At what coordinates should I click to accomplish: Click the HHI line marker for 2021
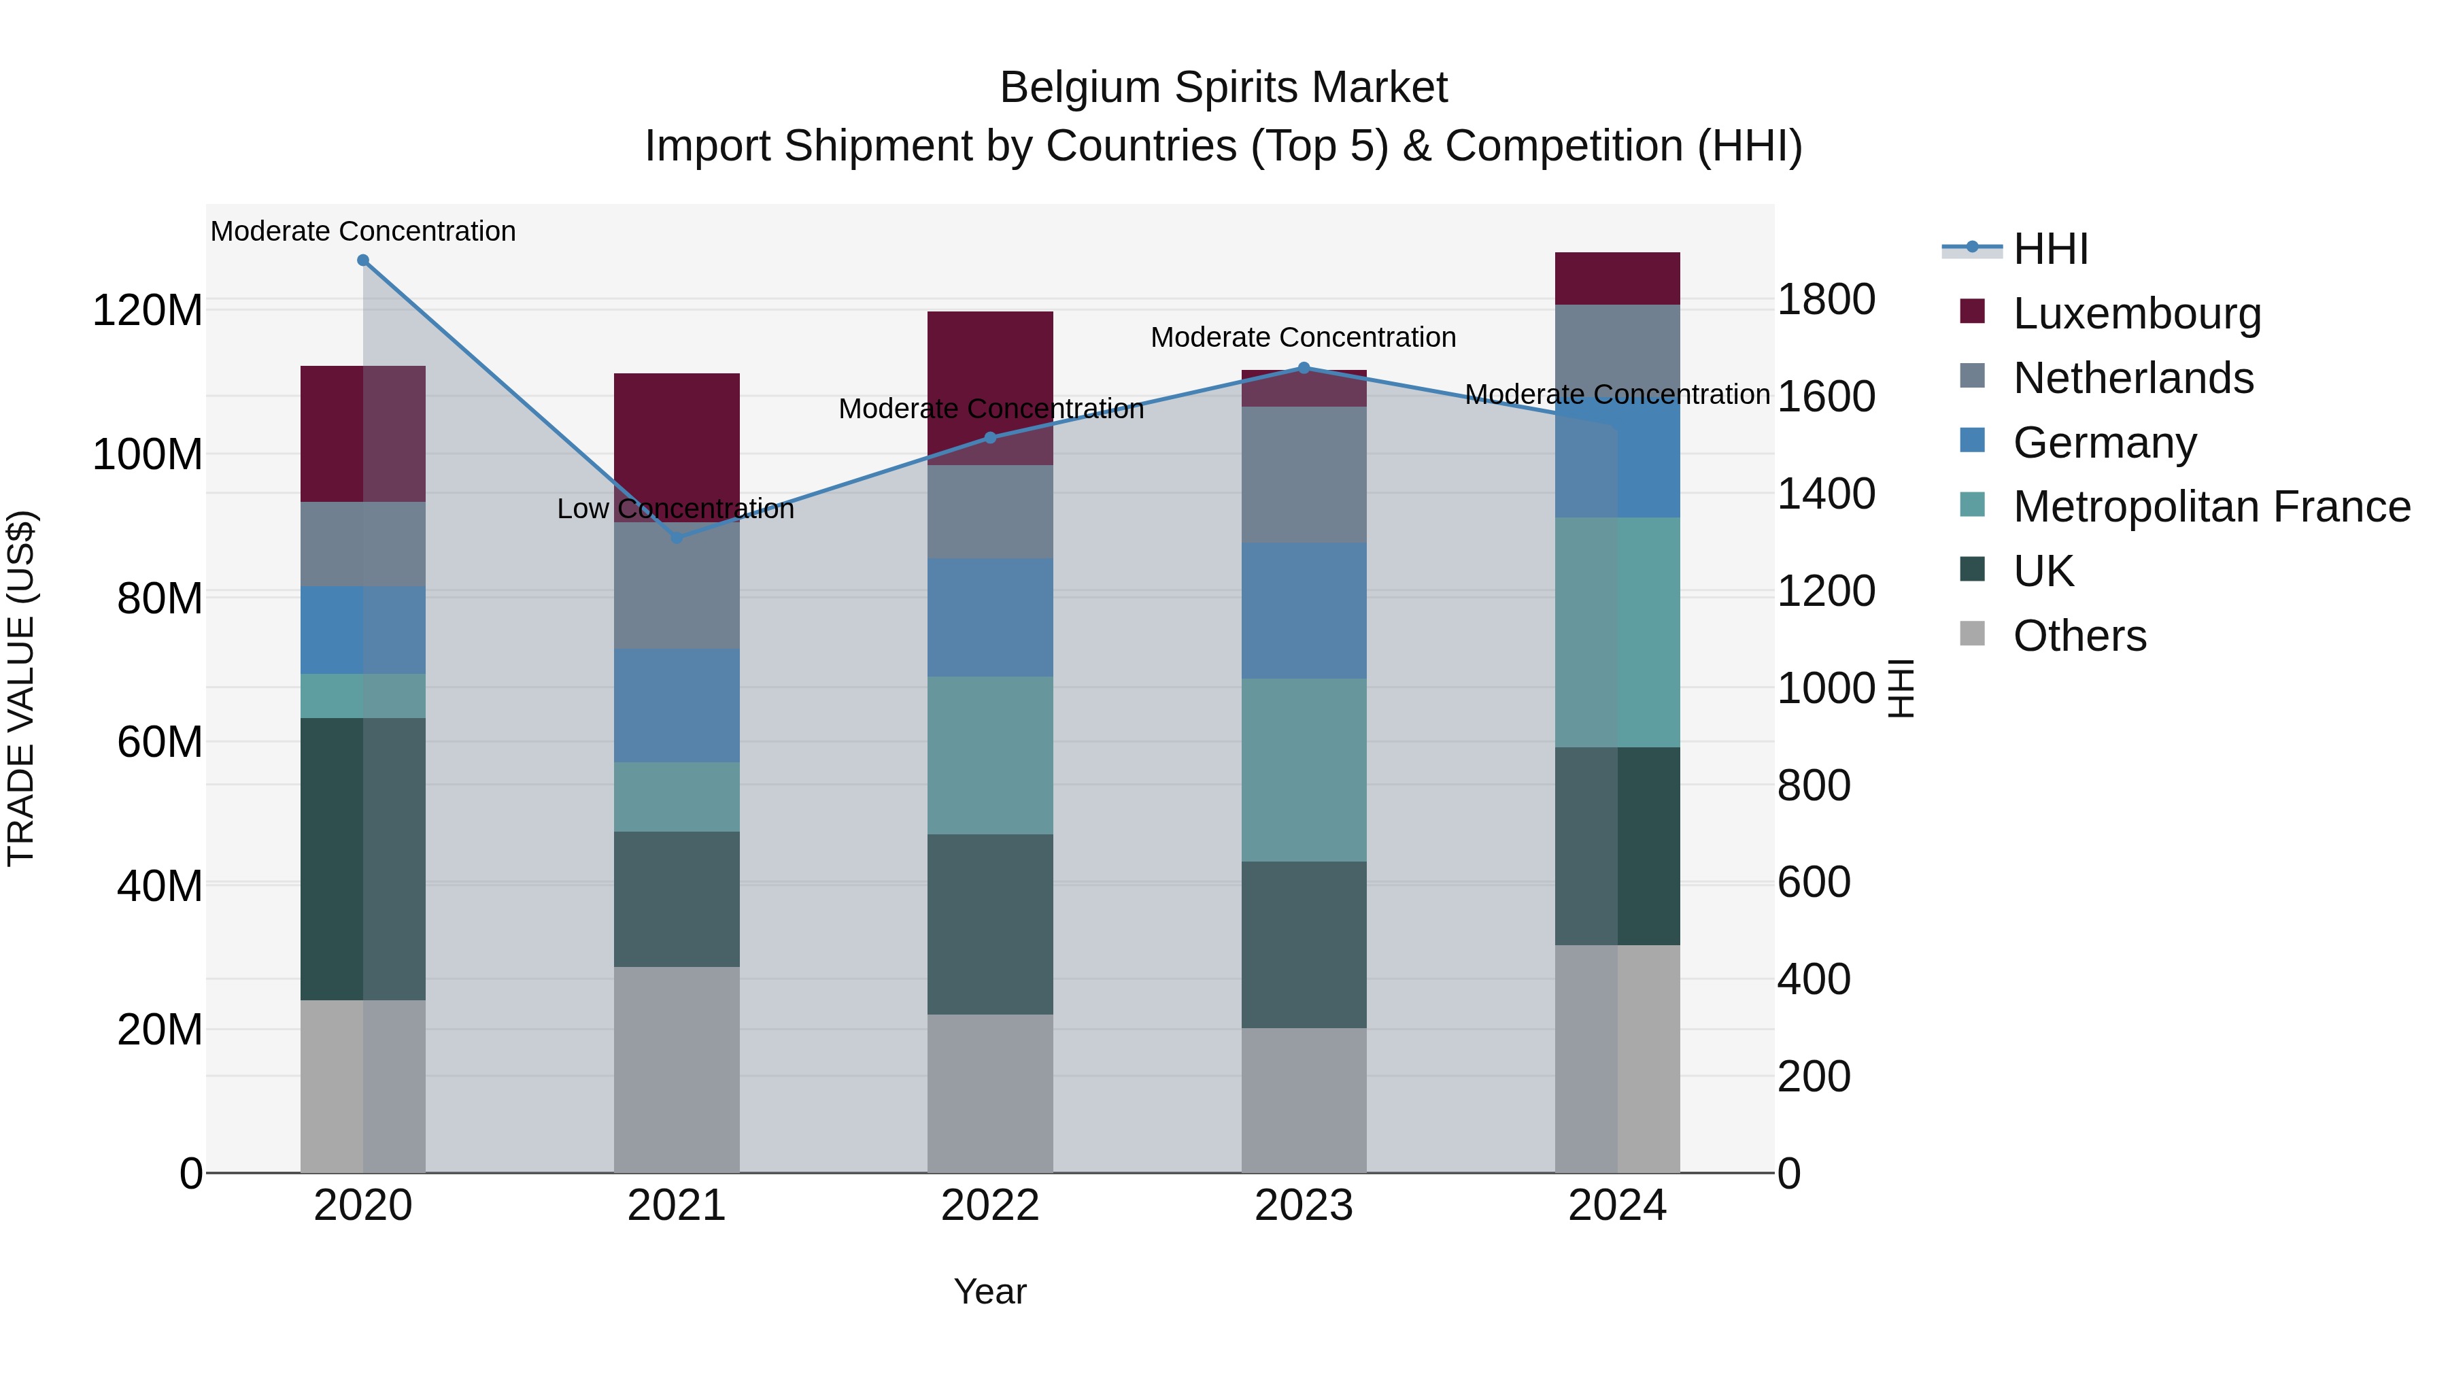tap(677, 538)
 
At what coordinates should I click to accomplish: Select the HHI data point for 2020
tap(363, 260)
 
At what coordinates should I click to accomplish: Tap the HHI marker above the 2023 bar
tap(1304, 368)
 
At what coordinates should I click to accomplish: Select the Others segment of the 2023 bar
tap(1304, 1100)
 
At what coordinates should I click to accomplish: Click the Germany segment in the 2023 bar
tap(1304, 610)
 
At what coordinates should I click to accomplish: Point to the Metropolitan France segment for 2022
tap(990, 755)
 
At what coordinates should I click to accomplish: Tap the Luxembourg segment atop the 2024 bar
tap(1618, 278)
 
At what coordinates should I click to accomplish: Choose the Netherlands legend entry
tap(2132, 378)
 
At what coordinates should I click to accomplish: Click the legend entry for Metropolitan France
tap(2211, 507)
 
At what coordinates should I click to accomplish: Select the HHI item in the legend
tap(2050, 249)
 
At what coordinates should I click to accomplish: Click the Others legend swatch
tap(1973, 634)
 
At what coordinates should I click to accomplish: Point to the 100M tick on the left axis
tap(148, 454)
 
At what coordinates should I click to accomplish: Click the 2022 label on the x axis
tap(990, 1206)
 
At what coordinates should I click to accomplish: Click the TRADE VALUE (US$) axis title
tap(21, 688)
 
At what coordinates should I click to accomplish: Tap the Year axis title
tap(990, 1291)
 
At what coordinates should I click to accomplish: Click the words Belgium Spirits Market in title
tap(1223, 88)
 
